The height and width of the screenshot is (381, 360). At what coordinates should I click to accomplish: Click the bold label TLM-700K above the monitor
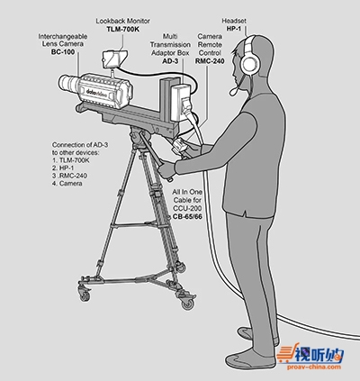(123, 30)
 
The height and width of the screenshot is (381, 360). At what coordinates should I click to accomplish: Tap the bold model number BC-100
(63, 52)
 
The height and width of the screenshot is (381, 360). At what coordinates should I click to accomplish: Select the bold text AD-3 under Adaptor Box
(170, 61)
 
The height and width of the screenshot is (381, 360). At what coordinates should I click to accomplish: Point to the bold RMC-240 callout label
(210, 61)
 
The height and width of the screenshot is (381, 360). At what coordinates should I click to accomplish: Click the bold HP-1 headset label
(235, 29)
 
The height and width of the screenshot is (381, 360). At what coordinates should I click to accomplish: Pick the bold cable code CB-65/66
(187, 216)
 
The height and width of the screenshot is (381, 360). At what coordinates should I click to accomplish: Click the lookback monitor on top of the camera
(114, 59)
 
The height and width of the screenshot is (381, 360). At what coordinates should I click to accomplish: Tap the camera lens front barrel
(67, 83)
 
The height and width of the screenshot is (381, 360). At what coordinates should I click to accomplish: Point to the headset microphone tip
(233, 91)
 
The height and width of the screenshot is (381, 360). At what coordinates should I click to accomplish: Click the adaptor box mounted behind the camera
(180, 102)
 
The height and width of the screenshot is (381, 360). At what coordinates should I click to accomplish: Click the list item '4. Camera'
(67, 183)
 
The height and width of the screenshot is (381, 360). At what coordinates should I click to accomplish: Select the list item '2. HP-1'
(63, 168)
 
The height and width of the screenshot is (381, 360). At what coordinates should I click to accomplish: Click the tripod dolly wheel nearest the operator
(188, 304)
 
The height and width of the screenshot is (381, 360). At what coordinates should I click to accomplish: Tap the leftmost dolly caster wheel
(85, 295)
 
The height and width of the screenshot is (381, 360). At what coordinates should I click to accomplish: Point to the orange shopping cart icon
(284, 354)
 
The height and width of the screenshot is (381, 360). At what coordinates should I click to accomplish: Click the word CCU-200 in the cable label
(187, 208)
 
